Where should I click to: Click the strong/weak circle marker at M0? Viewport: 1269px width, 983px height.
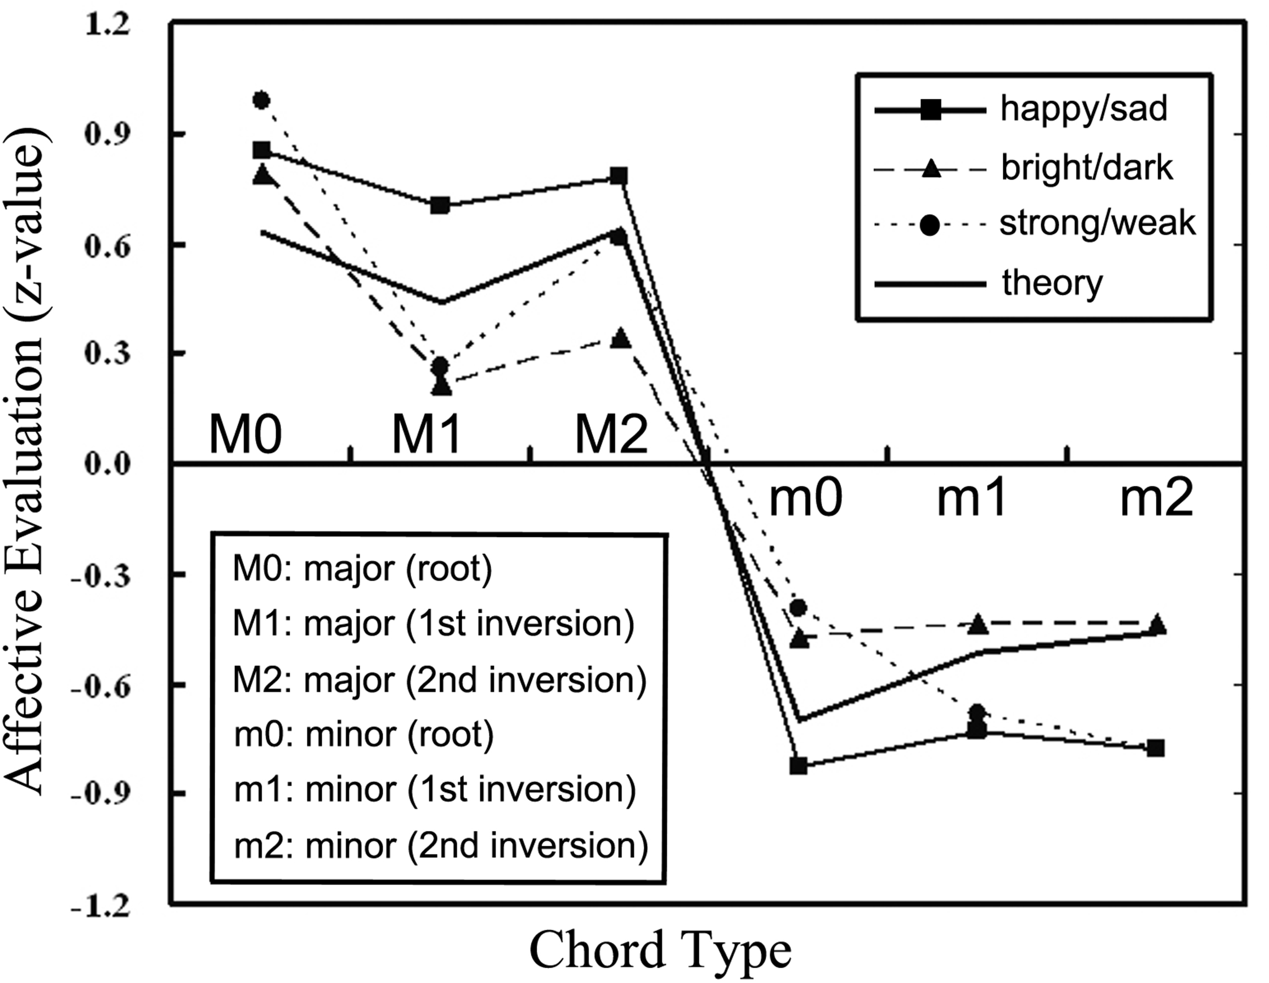[x=261, y=100]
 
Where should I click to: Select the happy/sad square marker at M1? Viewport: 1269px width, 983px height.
[x=440, y=205]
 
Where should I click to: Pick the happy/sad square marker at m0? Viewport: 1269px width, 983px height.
[x=799, y=766]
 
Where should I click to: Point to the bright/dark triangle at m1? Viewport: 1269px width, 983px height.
[x=978, y=623]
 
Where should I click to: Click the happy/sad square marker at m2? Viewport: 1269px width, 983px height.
[x=1156, y=748]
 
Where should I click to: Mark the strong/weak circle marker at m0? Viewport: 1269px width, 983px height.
[x=799, y=608]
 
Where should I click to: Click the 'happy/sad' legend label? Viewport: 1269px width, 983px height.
[x=1083, y=109]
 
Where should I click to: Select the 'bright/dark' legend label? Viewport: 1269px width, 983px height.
[x=1087, y=167]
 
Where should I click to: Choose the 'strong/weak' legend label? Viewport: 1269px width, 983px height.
[x=1097, y=223]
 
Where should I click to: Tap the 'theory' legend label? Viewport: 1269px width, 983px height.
[x=1052, y=284]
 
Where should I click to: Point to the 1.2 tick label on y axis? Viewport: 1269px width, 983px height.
[x=108, y=27]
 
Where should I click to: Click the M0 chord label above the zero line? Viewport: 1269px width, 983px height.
[x=245, y=434]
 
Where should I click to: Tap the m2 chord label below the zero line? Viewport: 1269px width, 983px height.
[x=1156, y=498]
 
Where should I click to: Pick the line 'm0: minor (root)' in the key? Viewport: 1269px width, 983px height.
[x=364, y=734]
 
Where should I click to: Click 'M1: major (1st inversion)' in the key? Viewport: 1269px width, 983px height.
[x=434, y=624]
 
